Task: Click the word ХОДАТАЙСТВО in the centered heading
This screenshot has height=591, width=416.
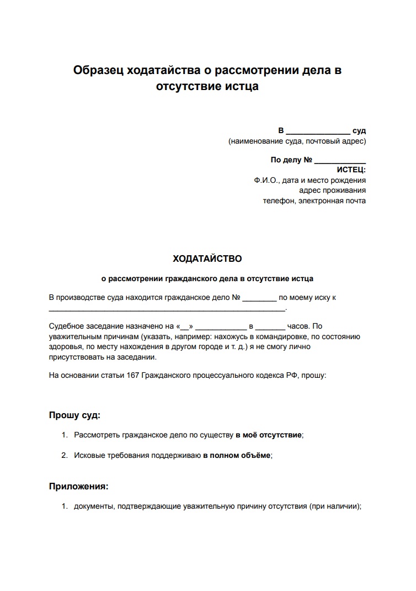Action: pyautogui.click(x=207, y=258)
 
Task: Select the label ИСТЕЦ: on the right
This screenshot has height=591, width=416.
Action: pyautogui.click(x=351, y=170)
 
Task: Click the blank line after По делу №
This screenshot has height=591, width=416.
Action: pyautogui.click(x=340, y=160)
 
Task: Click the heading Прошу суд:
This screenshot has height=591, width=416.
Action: pyautogui.click(x=74, y=415)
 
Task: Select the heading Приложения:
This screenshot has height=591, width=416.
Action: pyautogui.click(x=78, y=487)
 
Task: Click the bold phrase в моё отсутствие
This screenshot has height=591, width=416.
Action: pyautogui.click(x=269, y=435)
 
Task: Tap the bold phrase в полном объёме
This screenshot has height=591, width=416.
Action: pyautogui.click(x=237, y=455)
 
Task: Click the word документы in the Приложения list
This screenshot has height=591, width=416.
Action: pyautogui.click(x=93, y=506)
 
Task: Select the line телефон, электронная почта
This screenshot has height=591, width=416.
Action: pyautogui.click(x=314, y=200)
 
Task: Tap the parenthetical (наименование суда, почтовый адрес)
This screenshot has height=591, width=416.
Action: pyautogui.click(x=297, y=141)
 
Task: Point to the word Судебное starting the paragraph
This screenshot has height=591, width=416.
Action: pyautogui.click(x=66, y=326)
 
